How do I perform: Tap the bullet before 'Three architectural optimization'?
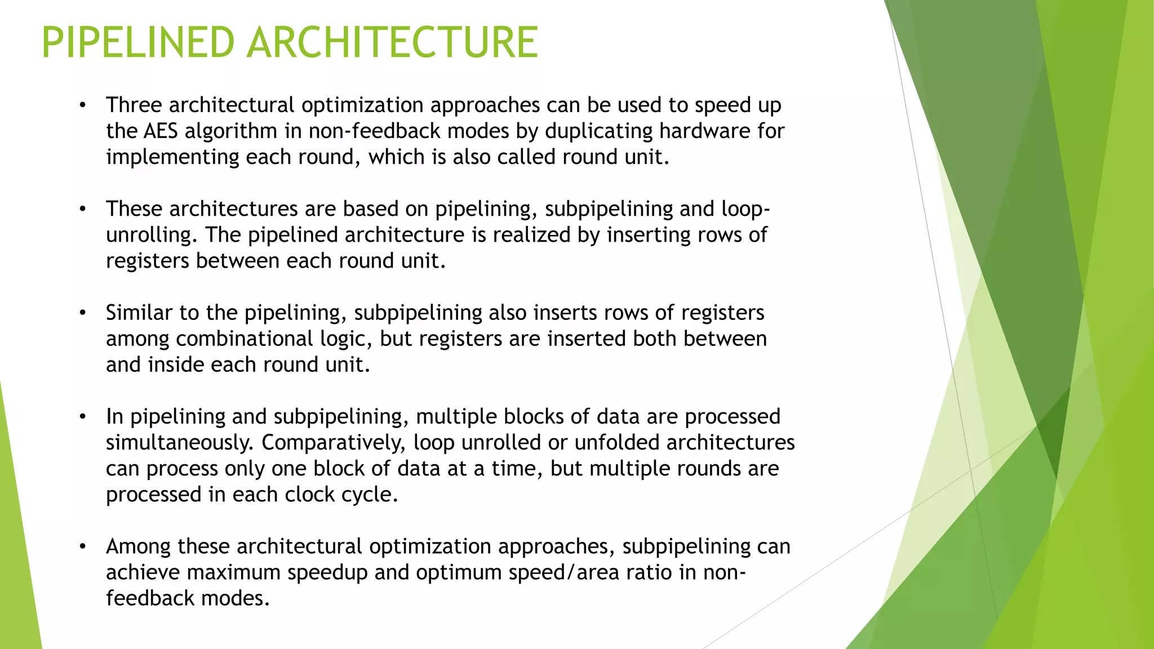click(83, 105)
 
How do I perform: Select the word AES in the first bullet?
click(161, 131)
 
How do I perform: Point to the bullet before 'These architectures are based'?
click(83, 209)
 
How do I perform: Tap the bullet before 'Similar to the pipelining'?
click(83, 313)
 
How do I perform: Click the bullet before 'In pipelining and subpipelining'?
click(83, 416)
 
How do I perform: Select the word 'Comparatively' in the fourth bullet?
click(333, 443)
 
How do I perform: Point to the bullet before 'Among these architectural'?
click(83, 546)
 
